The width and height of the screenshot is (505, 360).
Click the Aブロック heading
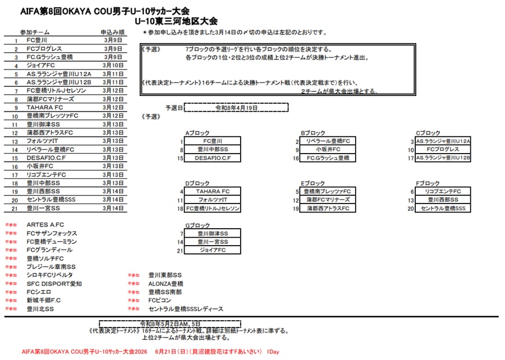coord(197,133)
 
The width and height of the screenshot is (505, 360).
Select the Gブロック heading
coord(198,225)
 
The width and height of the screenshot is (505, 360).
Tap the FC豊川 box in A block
coord(213,141)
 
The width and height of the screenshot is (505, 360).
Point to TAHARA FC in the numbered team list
coord(45,107)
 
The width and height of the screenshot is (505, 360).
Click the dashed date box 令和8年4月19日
coord(236,107)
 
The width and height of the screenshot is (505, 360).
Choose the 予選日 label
coord(174,108)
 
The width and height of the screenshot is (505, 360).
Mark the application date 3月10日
coord(113,66)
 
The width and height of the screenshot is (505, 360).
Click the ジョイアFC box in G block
coord(213,250)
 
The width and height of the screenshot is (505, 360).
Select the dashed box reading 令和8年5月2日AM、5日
coord(170,324)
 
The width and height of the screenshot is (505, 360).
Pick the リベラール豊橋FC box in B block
coord(328,141)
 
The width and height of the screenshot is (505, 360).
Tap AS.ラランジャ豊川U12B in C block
coord(443,158)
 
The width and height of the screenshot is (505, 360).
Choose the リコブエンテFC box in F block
coord(443,192)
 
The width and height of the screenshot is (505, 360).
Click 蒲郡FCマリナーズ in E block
coord(328,200)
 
